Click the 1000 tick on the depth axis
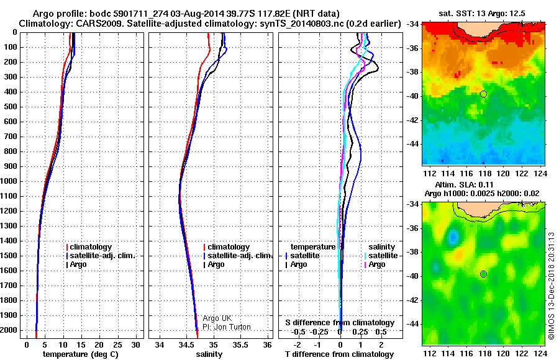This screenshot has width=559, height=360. (x=9, y=181)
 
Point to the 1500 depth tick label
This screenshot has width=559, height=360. (x=9, y=256)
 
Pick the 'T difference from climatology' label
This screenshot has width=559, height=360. (x=339, y=354)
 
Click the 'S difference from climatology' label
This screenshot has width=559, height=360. (x=339, y=323)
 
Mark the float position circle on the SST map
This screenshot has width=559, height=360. (x=483, y=94)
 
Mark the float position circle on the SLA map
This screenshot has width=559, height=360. (x=483, y=274)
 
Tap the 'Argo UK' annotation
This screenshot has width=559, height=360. (x=217, y=318)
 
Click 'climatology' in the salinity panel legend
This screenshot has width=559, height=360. (x=229, y=247)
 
